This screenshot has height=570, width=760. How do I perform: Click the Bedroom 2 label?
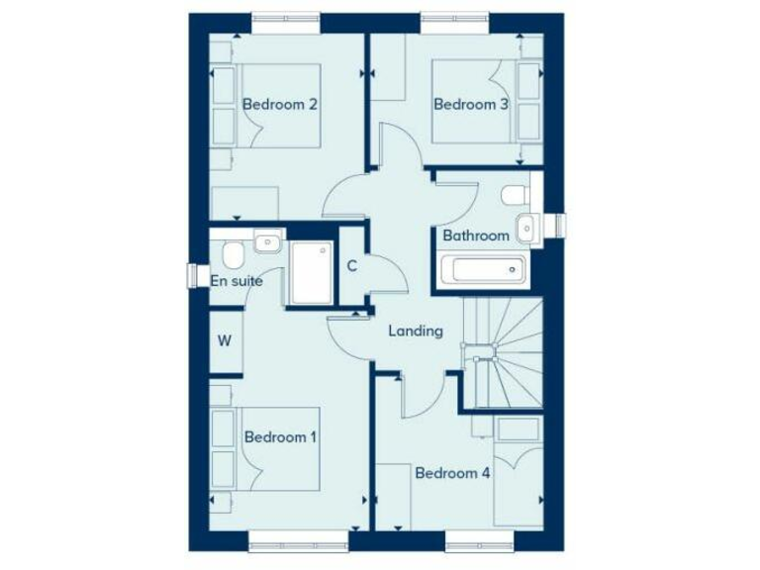(x=279, y=104)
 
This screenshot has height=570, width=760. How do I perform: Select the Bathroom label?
(x=476, y=236)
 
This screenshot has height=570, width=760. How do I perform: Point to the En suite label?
(x=237, y=281)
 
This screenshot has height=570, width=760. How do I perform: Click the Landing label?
(x=415, y=331)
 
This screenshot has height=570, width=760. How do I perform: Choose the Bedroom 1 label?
(x=280, y=436)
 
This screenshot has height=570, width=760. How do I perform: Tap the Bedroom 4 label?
(x=452, y=473)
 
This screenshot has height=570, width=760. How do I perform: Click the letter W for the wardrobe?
(x=225, y=341)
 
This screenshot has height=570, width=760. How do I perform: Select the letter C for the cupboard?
(x=351, y=265)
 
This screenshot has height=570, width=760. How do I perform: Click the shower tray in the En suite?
(x=310, y=273)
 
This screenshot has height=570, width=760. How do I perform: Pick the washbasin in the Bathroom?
(x=526, y=227)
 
